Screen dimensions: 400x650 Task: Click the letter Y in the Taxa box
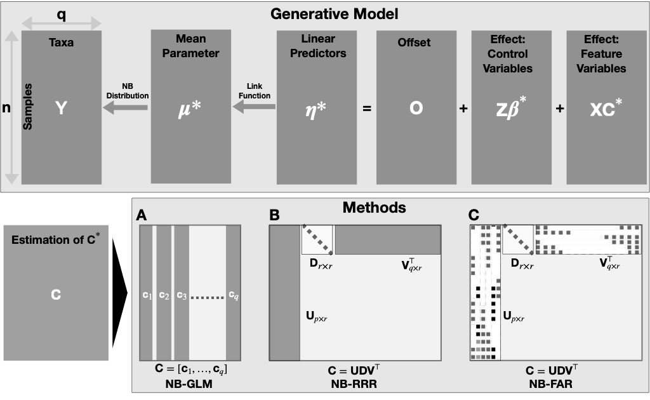click(x=61, y=108)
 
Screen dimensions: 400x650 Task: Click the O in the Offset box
click(x=416, y=108)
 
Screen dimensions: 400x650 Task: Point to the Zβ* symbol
click(x=511, y=108)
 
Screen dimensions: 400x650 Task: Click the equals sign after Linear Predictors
click(x=366, y=109)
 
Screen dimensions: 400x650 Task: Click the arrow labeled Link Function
click(x=253, y=109)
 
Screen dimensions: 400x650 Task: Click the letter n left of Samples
click(x=7, y=109)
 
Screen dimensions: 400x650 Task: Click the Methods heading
click(x=375, y=207)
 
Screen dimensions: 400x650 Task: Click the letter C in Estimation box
click(x=55, y=295)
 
